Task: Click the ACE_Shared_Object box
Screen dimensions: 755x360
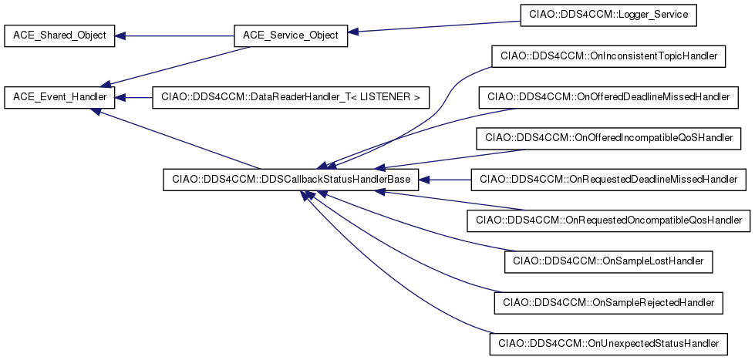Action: click(x=59, y=35)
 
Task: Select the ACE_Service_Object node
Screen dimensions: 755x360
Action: click(x=291, y=35)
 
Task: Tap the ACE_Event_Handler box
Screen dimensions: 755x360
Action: click(x=59, y=98)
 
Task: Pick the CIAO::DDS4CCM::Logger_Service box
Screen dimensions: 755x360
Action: click(x=608, y=15)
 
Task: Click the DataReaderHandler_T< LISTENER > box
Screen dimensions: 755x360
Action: click(x=290, y=98)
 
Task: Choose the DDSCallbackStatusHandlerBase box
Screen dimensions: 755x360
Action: click(x=291, y=180)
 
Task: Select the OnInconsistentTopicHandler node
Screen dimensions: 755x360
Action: click(x=608, y=56)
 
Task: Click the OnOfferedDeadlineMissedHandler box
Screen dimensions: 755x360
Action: click(x=608, y=97)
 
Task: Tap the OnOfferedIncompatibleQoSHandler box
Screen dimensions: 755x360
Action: click(x=608, y=138)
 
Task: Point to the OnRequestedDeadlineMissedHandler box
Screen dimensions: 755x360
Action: click(x=608, y=180)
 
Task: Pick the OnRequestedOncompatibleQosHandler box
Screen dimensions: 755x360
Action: click(x=608, y=220)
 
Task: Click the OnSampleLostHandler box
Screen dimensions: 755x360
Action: click(x=608, y=261)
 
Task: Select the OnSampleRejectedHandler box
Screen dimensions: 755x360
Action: click(x=608, y=303)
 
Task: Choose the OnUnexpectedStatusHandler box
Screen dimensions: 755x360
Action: click(x=608, y=344)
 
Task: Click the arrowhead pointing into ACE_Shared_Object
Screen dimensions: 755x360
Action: click(x=120, y=35)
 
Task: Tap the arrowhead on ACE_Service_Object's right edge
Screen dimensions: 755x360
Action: click(x=353, y=32)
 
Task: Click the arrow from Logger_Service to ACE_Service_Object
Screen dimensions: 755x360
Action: click(x=434, y=26)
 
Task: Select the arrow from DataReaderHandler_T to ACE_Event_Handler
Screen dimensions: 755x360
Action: click(x=134, y=98)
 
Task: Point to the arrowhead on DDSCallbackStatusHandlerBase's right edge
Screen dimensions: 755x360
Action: click(x=423, y=180)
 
